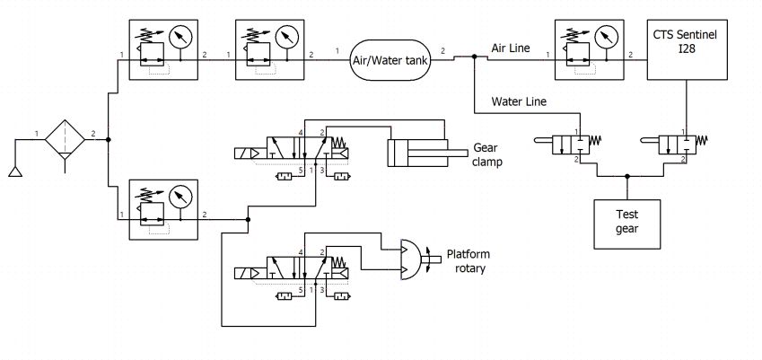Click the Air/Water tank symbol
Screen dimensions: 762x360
pyautogui.click(x=390, y=60)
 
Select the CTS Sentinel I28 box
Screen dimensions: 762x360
pyautogui.click(x=688, y=49)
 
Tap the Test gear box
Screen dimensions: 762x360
pyautogui.click(x=626, y=224)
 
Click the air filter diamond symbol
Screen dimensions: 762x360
pyautogui.click(x=66, y=139)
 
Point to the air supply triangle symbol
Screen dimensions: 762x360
pyautogui.click(x=15, y=171)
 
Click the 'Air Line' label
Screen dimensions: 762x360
pyautogui.click(x=511, y=48)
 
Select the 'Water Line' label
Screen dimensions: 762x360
pyautogui.click(x=519, y=101)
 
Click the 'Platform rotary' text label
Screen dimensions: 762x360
pyautogui.click(x=469, y=261)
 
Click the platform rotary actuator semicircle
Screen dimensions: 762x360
pyautogui.click(x=411, y=259)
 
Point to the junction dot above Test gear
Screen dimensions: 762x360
pyautogui.click(x=626, y=176)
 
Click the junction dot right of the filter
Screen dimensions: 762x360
pyautogui.click(x=108, y=139)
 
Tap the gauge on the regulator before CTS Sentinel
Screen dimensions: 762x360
pyautogui.click(x=606, y=37)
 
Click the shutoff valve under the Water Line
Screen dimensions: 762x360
pyautogui.click(x=566, y=145)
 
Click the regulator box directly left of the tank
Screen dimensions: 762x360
pyautogui.click(x=270, y=49)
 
